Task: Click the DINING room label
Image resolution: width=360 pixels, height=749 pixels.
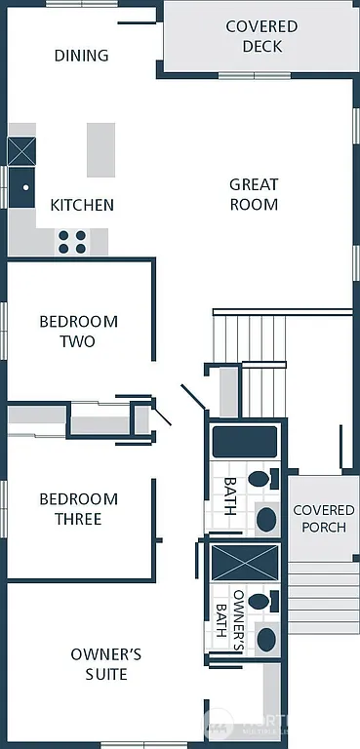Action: [81, 56]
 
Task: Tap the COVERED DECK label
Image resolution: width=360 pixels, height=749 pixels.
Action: [261, 36]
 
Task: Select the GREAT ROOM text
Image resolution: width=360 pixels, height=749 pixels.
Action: [254, 194]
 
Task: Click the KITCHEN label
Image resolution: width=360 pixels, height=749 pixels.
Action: [82, 205]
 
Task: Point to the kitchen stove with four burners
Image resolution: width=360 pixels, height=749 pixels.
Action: [72, 241]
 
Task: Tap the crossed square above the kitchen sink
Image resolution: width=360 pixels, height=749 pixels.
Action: [21, 150]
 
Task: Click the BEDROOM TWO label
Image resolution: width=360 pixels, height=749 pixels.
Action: [78, 332]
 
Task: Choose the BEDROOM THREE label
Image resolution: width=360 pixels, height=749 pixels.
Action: [78, 509]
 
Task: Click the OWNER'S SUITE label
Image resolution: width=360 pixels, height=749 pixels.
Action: [105, 663]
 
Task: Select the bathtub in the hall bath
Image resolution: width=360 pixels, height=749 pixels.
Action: [245, 442]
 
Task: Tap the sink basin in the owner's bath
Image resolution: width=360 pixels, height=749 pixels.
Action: [265, 640]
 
